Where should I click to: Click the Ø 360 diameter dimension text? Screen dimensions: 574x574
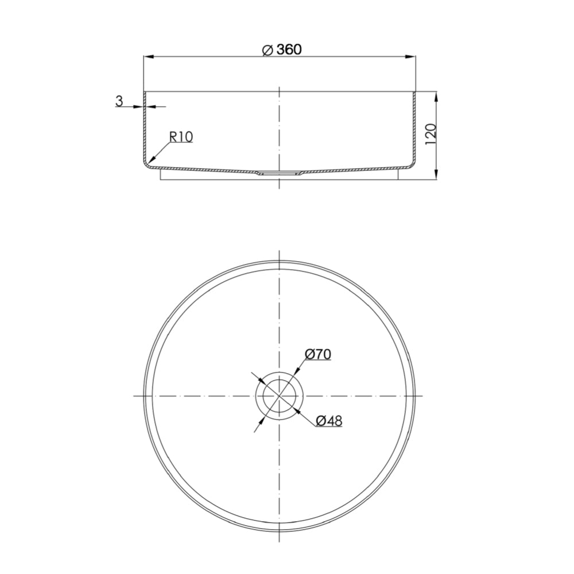(282, 49)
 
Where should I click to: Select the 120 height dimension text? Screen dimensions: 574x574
(432, 133)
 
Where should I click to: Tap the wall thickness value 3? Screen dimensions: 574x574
(119, 101)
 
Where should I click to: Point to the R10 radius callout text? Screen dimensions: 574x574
(181, 137)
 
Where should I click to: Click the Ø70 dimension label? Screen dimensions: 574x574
(317, 354)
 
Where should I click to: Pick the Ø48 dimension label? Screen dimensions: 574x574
(329, 420)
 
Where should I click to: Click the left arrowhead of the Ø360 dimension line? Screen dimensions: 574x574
(147, 57)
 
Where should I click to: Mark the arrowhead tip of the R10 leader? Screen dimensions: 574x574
(148, 162)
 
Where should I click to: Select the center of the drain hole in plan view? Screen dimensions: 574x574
(279, 396)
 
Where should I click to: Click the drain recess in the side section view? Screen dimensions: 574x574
(279, 173)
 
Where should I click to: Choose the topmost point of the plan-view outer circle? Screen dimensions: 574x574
(279, 261)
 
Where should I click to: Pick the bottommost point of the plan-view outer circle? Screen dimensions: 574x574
(279, 532)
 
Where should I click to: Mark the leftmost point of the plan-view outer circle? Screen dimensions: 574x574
(143, 396)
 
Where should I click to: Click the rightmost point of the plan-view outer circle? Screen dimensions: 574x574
(414, 396)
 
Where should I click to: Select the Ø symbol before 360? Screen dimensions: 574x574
(267, 50)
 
